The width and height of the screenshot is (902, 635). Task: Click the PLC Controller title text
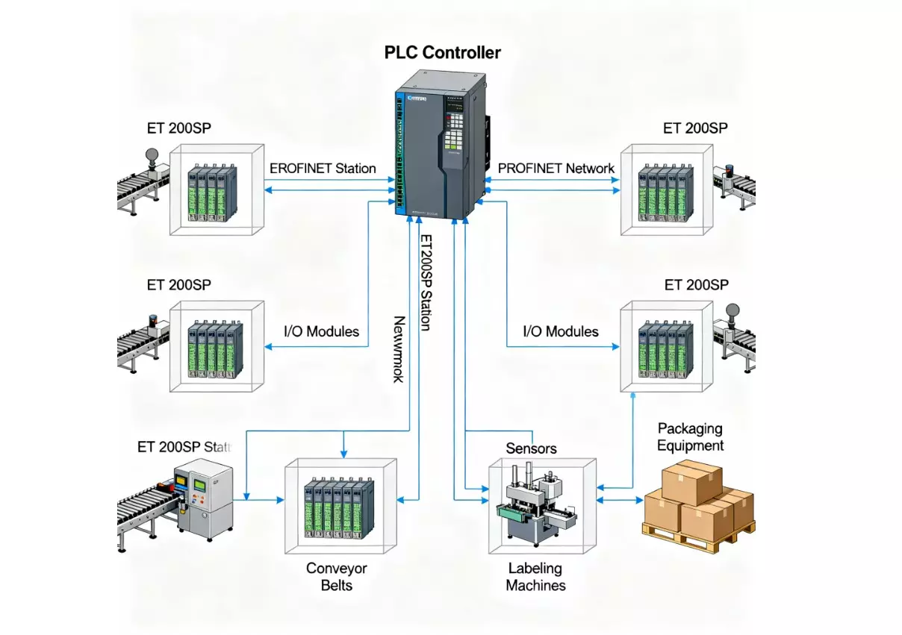point(443,52)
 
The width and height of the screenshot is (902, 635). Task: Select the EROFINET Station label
point(322,169)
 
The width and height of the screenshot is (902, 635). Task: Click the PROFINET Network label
point(556,168)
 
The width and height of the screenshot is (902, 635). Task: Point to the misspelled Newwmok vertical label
point(399,349)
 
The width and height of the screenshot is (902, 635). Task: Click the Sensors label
point(531,448)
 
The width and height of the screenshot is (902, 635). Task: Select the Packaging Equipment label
point(690,437)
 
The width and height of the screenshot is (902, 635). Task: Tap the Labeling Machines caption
point(535,577)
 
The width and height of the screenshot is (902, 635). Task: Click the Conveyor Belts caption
point(337,577)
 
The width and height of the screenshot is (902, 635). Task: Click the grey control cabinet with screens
point(203,497)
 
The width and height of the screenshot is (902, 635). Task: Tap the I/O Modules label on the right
point(561,331)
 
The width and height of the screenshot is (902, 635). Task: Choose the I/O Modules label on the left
point(322,331)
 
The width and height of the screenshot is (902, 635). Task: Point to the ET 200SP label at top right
point(695,128)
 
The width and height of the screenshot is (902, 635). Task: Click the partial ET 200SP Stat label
point(184,447)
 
